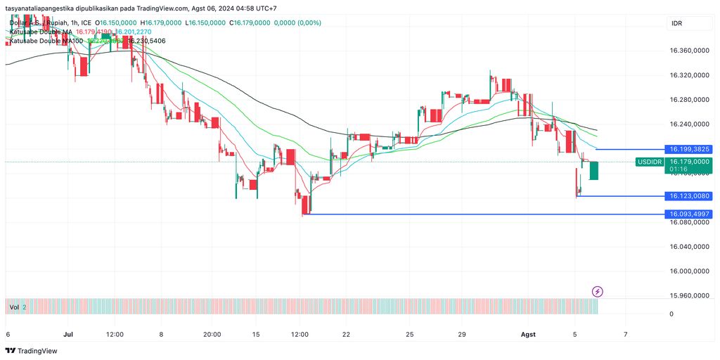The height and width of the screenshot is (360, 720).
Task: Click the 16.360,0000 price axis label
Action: [689, 51]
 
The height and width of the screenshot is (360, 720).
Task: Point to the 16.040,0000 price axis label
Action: [689, 247]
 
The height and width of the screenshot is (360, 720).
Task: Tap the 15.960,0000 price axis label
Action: [689, 296]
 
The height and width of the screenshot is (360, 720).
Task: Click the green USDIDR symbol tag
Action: [649, 162]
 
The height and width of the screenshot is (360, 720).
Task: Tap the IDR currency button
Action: [676, 24]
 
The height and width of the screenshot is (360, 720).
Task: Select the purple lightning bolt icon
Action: [597, 291]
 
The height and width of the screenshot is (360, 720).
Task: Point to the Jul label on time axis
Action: [68, 335]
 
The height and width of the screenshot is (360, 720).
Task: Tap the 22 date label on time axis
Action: [346, 335]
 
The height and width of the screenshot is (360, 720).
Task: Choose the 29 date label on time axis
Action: [461, 335]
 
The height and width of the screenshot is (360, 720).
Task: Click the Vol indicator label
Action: [14, 307]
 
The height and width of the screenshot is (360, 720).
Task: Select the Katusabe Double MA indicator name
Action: [40, 32]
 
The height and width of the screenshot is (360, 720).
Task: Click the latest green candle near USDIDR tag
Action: [593, 170]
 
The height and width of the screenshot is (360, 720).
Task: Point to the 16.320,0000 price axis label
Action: [689, 75]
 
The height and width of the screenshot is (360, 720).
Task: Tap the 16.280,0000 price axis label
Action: [689, 100]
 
